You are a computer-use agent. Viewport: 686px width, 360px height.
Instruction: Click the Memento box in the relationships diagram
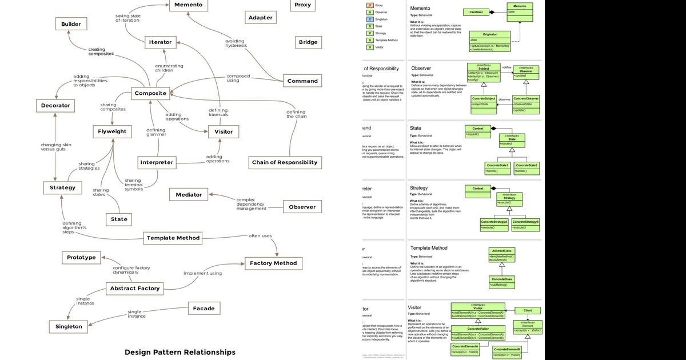pyautogui.click(x=188, y=5)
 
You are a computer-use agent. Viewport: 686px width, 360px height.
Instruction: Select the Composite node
pyautogui.click(x=150, y=93)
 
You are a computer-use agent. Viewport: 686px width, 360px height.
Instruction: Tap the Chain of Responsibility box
pyautogui.click(x=285, y=162)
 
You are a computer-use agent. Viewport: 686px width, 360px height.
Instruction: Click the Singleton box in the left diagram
pyautogui.click(x=69, y=327)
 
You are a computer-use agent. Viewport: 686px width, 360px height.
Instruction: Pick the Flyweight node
pyautogui.click(x=113, y=131)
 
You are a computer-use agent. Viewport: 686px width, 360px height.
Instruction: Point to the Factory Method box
pyautogui.click(x=273, y=263)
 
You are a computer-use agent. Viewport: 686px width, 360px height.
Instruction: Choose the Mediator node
pyautogui.click(x=189, y=195)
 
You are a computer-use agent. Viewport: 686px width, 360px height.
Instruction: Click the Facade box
pyautogui.click(x=204, y=309)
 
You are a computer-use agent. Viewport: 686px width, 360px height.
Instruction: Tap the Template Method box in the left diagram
pyautogui.click(x=173, y=238)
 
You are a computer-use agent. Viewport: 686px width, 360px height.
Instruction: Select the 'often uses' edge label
pyautogui.click(x=260, y=235)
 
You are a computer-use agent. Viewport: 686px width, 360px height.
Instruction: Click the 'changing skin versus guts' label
pyautogui.click(x=55, y=147)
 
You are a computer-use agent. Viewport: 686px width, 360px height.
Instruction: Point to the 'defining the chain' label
pyautogui.click(x=296, y=114)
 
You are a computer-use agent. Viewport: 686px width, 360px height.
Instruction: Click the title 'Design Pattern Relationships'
pyautogui.click(x=180, y=352)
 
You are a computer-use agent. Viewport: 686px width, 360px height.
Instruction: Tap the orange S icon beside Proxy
pyautogui.click(x=369, y=5)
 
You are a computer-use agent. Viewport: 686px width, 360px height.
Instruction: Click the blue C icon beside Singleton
pyautogui.click(x=369, y=19)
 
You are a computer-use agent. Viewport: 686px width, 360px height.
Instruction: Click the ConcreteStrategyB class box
pyautogui.click(x=526, y=224)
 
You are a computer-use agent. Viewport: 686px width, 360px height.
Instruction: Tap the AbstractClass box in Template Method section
pyautogui.click(x=501, y=255)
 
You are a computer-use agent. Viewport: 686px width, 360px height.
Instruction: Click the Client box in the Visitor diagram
pyautogui.click(x=527, y=311)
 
